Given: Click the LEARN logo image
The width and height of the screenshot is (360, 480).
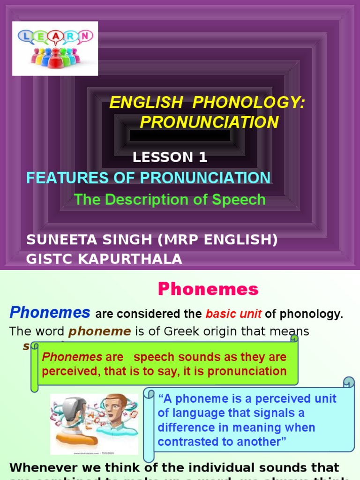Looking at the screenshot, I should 55,48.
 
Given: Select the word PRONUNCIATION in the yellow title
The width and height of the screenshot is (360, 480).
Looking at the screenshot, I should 209,122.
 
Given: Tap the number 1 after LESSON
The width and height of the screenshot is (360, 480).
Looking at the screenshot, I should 202,157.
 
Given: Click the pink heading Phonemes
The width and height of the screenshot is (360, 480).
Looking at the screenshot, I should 208,289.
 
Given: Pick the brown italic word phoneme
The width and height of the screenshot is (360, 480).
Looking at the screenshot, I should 99,332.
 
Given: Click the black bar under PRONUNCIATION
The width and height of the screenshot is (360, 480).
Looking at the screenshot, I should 180,136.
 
